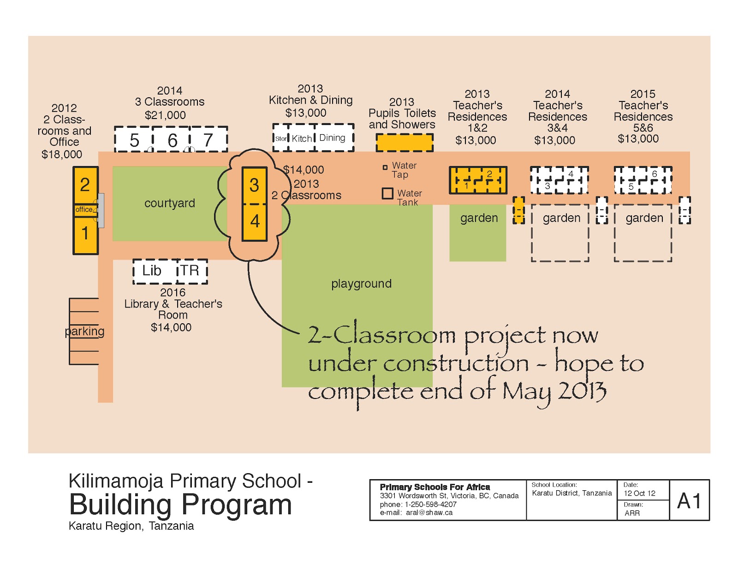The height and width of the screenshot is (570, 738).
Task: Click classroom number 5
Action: (134, 140)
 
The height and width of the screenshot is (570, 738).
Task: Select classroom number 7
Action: (208, 140)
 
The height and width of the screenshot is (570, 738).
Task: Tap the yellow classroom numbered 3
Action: (255, 185)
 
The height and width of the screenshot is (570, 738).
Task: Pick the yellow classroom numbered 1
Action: (85, 234)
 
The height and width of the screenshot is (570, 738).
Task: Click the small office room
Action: (85, 210)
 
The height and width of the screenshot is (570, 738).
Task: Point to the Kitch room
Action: (302, 138)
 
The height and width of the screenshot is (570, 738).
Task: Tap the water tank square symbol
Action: (387, 193)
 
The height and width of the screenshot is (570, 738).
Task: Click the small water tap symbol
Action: (385, 167)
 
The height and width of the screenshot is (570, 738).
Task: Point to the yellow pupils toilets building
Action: (405, 142)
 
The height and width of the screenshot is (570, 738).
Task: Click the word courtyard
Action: (169, 203)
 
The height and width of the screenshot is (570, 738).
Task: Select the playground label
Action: (361, 284)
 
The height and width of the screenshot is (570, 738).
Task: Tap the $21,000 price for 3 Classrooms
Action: (165, 115)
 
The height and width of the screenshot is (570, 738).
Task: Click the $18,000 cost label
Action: (62, 154)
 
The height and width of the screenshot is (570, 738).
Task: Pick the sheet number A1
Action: (689, 501)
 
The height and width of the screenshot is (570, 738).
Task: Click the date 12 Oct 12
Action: (639, 493)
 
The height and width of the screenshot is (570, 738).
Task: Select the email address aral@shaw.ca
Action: (429, 513)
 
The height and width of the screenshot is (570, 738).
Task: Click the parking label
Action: (84, 331)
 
